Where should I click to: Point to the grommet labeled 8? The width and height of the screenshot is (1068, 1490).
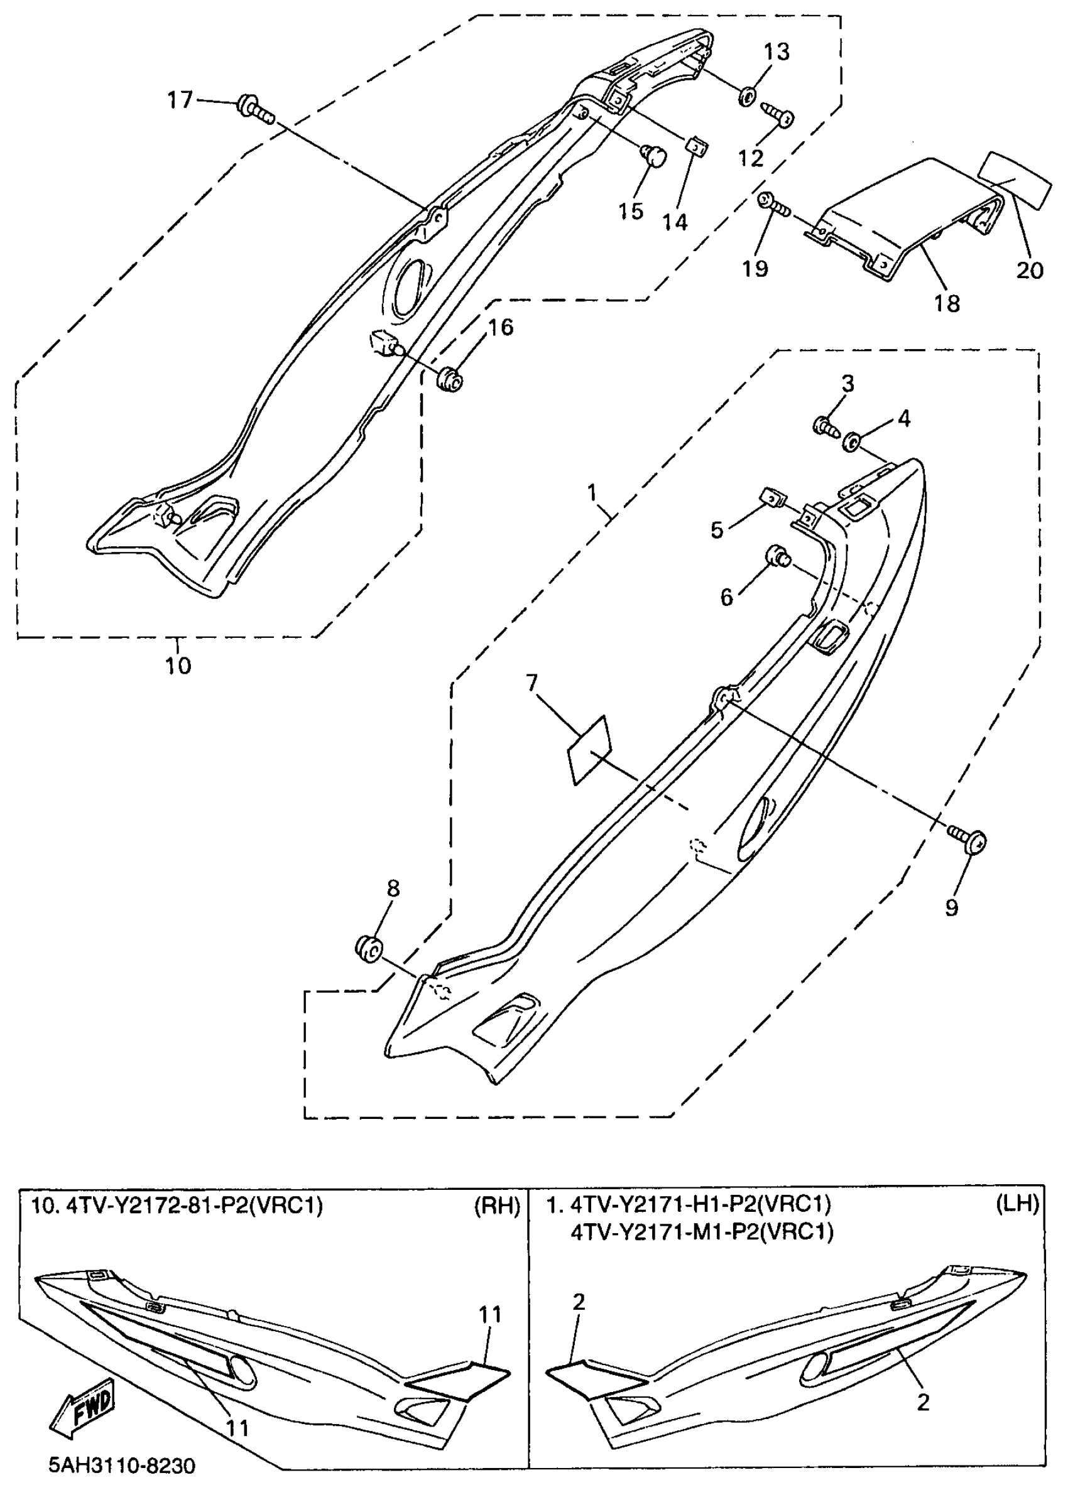(368, 949)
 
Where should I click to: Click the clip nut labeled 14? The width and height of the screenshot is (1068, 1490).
(697, 146)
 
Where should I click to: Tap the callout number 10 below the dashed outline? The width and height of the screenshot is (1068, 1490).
(177, 666)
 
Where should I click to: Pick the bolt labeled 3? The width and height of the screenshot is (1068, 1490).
(826, 426)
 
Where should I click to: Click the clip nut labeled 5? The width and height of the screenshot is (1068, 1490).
(771, 497)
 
